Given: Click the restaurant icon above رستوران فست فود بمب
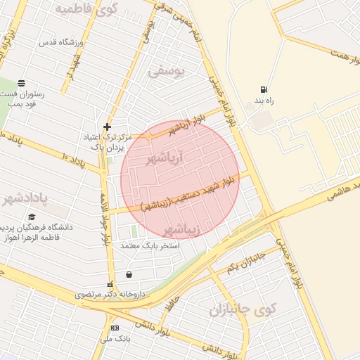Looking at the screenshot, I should click(22, 83).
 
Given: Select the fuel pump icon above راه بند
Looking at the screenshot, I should click(264, 89).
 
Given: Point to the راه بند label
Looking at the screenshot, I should click(264, 101).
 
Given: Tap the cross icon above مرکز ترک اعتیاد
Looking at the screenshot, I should click(107, 127).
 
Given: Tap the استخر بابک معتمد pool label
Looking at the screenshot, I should click(150, 246).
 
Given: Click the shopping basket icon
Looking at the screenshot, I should click(128, 274).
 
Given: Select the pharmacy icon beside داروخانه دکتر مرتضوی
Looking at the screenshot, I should click(108, 285).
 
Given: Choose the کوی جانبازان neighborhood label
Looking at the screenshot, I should click(243, 309).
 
